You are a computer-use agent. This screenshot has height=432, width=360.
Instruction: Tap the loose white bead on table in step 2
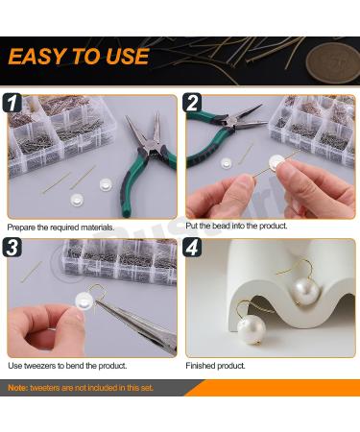tap(227, 164)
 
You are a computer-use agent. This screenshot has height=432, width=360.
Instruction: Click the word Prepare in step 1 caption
tap(23, 228)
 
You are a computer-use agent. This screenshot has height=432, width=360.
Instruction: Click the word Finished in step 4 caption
tap(202, 366)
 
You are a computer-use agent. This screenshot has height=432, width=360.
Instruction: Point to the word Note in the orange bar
tap(18, 387)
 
